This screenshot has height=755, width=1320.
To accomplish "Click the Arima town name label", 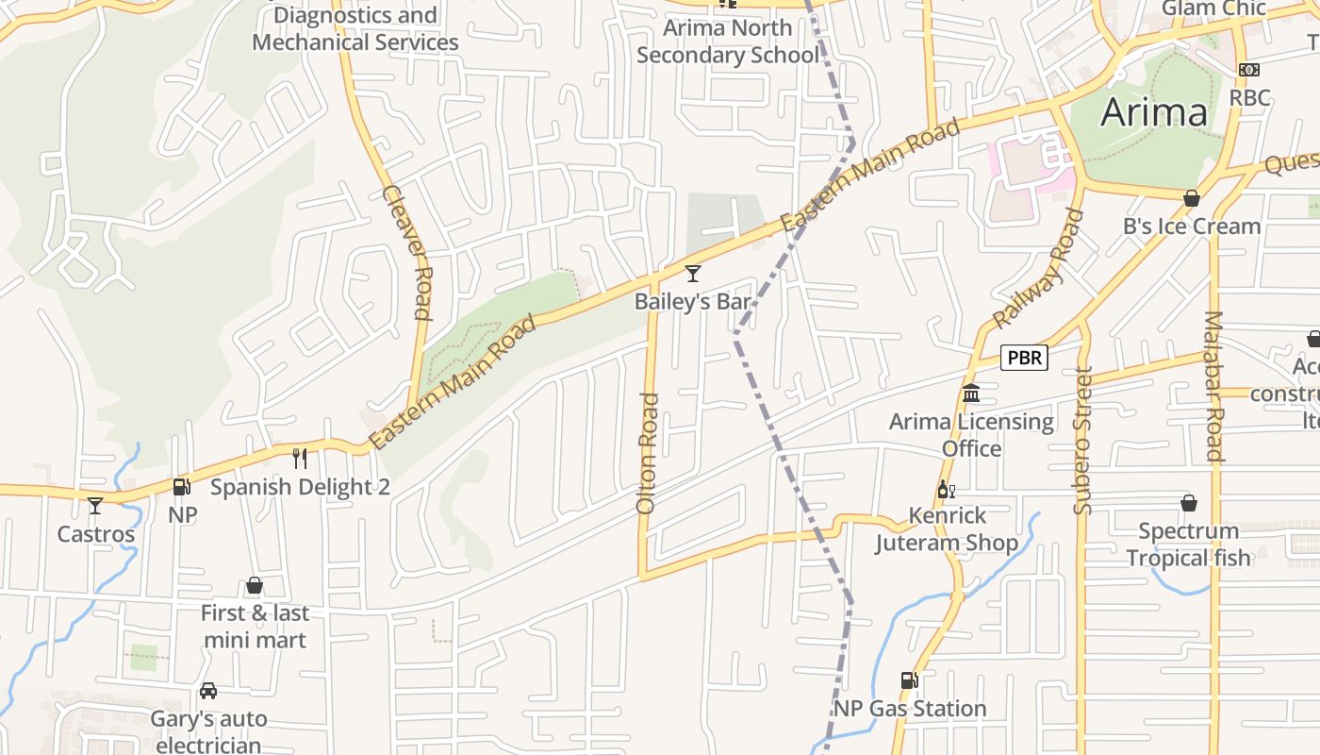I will point(1154,112).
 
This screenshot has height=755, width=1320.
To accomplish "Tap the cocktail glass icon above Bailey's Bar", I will point(693,274).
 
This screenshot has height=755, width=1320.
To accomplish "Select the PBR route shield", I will point(1024,358).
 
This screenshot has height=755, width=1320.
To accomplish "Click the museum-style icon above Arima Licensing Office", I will point(971,393).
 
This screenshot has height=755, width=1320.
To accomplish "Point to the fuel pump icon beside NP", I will point(182,487).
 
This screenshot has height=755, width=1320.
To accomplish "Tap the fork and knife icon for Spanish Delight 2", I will point(300,459).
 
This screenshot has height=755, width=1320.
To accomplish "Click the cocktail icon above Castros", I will point(95,506).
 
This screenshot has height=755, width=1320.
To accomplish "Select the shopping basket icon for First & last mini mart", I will point(254,586).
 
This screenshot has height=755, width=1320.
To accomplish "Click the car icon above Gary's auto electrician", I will point(208,691).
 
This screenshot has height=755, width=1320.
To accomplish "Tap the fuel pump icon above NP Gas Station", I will point(909,680).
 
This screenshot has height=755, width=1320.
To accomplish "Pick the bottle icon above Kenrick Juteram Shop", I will point(946,490).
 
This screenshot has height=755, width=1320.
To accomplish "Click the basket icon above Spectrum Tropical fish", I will point(1189,503).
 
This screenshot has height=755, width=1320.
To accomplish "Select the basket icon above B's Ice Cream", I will point(1192,198).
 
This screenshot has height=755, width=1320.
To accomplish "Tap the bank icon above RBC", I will point(1248,70).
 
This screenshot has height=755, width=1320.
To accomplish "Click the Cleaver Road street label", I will point(408,252).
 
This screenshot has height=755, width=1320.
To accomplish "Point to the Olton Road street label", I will point(647,453).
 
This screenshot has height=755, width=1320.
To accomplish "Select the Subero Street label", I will point(1082,440).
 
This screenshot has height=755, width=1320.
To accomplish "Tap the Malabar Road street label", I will point(1213,385).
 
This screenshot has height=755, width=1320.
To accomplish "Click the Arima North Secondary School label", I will point(727,42).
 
